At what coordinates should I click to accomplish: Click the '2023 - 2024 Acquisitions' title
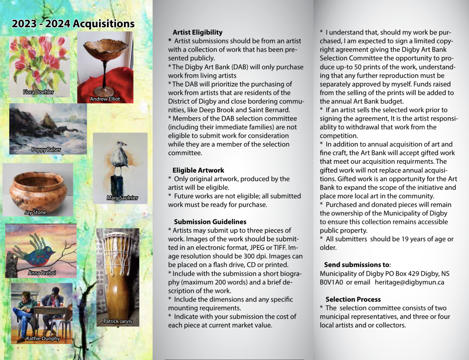click(x=73, y=24)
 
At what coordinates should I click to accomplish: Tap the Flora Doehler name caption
click(x=38, y=92)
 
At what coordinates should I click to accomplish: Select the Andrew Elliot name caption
click(x=105, y=99)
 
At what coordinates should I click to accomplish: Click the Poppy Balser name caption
click(x=46, y=150)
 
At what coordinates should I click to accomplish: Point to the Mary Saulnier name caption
click(x=122, y=198)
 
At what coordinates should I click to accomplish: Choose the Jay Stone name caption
click(x=35, y=212)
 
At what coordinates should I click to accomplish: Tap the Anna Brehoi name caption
click(x=42, y=273)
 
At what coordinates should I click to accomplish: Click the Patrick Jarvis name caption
click(x=118, y=321)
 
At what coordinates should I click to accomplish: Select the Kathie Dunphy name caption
click(x=43, y=338)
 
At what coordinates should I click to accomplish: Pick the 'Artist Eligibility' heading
click(x=197, y=32)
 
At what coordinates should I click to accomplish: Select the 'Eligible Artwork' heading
click(x=198, y=170)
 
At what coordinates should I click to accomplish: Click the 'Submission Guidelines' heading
click(x=210, y=222)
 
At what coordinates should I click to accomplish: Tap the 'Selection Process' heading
click(x=353, y=299)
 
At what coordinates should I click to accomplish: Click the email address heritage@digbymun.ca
click(x=409, y=282)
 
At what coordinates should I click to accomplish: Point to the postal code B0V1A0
click(x=331, y=282)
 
